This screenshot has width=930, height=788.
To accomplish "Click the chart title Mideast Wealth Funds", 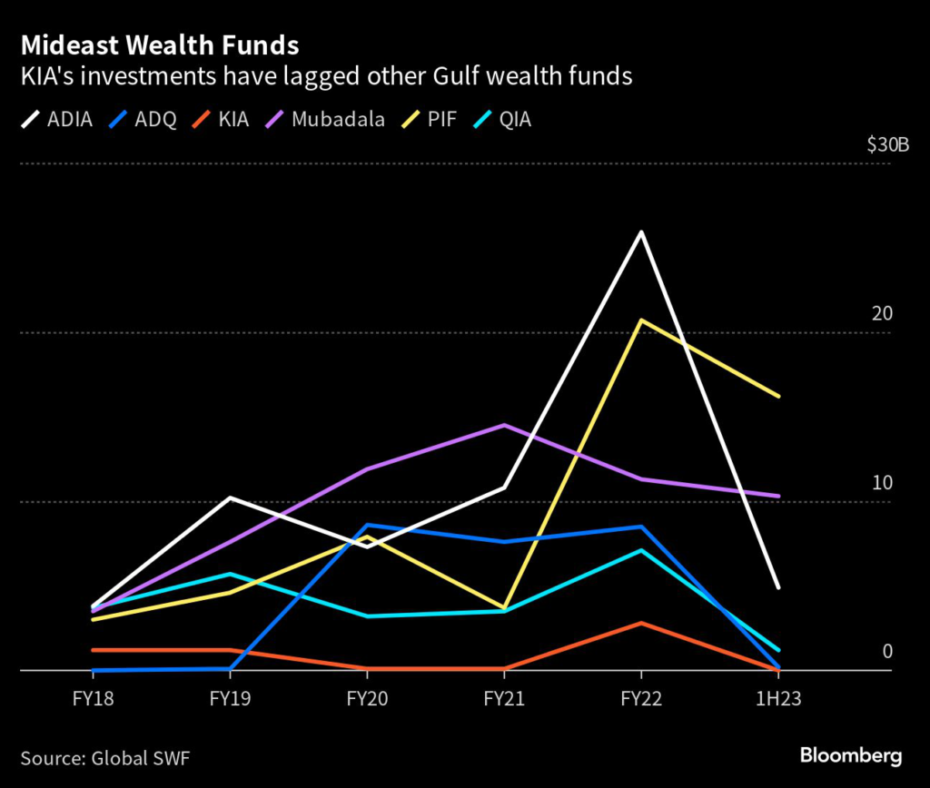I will (160, 44).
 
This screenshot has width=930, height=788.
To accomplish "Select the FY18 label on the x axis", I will (93, 699).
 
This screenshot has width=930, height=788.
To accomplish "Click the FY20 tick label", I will (367, 699).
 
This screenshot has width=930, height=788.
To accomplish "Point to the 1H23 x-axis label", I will (778, 699).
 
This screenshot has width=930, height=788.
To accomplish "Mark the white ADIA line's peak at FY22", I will (642, 232).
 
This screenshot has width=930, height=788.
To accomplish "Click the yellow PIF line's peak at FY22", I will (642, 320).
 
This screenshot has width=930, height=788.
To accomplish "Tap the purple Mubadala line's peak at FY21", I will (504, 425).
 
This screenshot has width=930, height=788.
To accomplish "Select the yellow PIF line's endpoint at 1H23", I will (778, 396).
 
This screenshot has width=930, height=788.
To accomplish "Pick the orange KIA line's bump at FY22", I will (642, 623).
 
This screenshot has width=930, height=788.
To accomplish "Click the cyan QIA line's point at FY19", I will (230, 574).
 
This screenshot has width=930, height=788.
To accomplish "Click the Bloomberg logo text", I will (850, 755).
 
